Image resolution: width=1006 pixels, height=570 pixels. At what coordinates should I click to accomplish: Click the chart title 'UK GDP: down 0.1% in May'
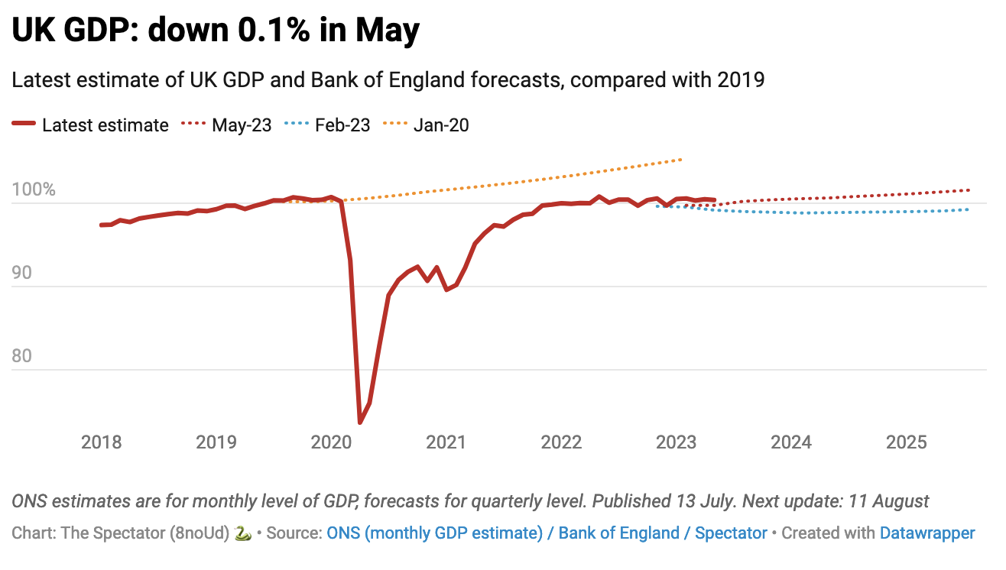pos(216,31)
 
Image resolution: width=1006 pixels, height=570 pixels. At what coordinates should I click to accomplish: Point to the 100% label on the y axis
pos(34,189)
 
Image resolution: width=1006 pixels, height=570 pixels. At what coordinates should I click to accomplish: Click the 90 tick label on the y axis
pos(23,273)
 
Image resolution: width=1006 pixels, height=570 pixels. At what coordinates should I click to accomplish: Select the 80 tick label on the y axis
pos(23,356)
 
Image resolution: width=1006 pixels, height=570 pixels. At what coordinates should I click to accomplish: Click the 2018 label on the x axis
pos(101,442)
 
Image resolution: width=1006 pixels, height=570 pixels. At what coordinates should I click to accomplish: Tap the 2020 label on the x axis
pos(331,442)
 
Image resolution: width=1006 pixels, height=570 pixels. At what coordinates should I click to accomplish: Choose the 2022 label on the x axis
pos(561,442)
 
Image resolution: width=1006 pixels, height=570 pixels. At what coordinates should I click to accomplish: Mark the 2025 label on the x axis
pos(906,442)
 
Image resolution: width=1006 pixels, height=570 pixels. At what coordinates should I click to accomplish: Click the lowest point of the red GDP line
pos(360,422)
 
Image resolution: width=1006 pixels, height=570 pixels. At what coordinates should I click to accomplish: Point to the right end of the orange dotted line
pos(680,160)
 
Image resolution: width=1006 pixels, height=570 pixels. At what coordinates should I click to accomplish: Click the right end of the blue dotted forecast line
pos(969,209)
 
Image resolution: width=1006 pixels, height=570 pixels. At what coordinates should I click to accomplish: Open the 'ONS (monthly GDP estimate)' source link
pos(434,533)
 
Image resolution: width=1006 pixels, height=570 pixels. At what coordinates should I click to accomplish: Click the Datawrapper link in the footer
pos(927,533)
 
